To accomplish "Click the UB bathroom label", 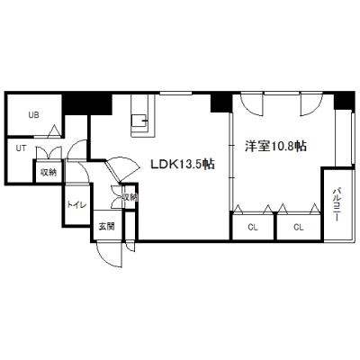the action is point(33,115).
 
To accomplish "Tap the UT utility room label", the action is point(21,148).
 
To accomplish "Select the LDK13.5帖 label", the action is point(183,164).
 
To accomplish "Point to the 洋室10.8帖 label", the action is point(275,146).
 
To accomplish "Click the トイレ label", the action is point(76,205).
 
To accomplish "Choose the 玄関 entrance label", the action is point(107,226).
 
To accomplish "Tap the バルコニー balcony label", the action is point(337,204).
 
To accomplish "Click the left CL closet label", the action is point(253,228).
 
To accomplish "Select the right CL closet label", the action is point(299,228).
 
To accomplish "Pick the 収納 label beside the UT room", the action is point(49,173).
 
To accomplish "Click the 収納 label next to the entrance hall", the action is point(130,197).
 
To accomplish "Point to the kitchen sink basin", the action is point(139,121).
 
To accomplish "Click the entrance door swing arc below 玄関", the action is point(106,257).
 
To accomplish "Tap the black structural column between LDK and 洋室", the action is point(221,103).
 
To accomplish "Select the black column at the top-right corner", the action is point(344,101).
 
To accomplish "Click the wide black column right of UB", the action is point(87,103).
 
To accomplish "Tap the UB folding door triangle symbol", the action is point(54,130).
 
